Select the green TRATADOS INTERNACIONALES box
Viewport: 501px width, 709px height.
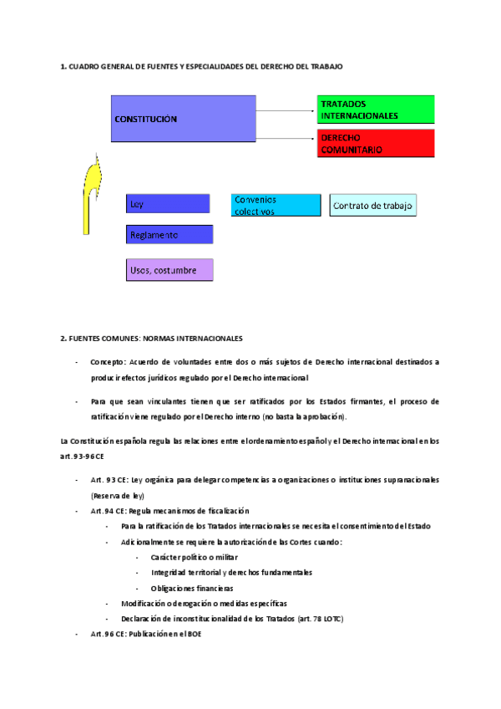click(x=376, y=110)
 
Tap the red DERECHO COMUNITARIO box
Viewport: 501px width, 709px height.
click(x=376, y=144)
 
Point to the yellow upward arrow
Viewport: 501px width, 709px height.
click(x=89, y=194)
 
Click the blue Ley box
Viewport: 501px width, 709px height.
click(x=168, y=204)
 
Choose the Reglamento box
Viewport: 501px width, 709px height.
click(x=170, y=235)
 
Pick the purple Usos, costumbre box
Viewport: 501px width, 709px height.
click(x=170, y=269)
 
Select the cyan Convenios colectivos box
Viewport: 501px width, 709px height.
click(x=276, y=205)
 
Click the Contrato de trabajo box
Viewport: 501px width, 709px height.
click(x=372, y=206)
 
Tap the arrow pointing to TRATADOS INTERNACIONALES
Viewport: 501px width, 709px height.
click(x=286, y=110)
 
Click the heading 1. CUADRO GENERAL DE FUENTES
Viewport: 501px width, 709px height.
click(x=201, y=65)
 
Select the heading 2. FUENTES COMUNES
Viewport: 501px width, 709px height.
click(x=151, y=339)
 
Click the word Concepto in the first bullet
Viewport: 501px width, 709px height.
click(x=108, y=362)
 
